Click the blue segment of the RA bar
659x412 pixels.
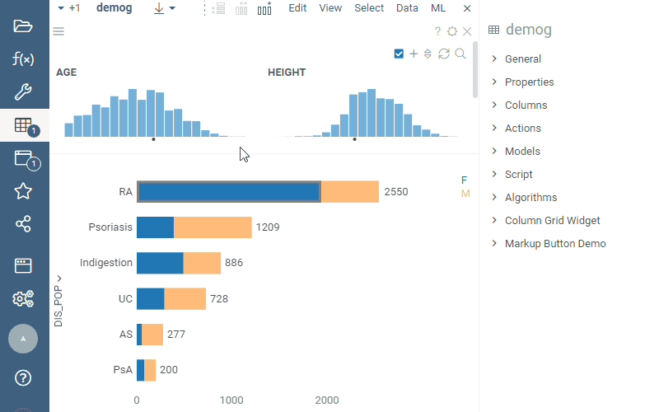coord(228,192)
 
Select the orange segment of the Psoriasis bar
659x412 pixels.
coord(213,227)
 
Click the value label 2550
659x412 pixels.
coord(396,192)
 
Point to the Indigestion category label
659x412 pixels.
coord(105,263)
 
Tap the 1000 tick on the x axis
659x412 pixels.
coord(231,400)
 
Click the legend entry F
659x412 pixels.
coord(465,180)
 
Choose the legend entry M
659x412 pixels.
coord(465,194)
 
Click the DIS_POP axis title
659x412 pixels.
coord(58,307)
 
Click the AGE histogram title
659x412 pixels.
coord(67,73)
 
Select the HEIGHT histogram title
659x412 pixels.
coord(287,73)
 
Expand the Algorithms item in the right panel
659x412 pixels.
coord(530,198)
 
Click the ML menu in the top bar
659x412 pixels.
coord(439,8)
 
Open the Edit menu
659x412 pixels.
coord(297,8)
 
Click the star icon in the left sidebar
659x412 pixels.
coord(23,191)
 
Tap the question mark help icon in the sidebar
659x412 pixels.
coord(23,378)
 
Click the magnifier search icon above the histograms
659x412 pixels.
coord(460,54)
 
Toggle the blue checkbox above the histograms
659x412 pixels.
coord(399,54)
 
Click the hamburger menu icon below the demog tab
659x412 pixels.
coord(58,31)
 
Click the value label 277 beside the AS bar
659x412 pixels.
coord(176,335)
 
